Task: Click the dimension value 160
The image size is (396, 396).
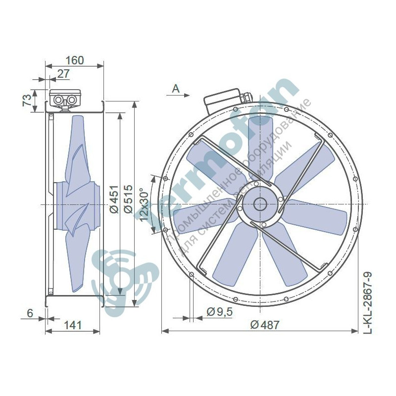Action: [74, 60]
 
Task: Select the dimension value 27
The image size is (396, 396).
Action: [63, 74]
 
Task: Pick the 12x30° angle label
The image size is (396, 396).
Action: [145, 204]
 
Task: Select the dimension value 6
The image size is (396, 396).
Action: [30, 313]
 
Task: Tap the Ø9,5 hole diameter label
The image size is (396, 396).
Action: [218, 312]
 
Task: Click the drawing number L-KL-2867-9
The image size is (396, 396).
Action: [367, 302]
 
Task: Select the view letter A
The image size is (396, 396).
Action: [176, 89]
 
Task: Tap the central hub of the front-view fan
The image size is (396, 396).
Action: [259, 204]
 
